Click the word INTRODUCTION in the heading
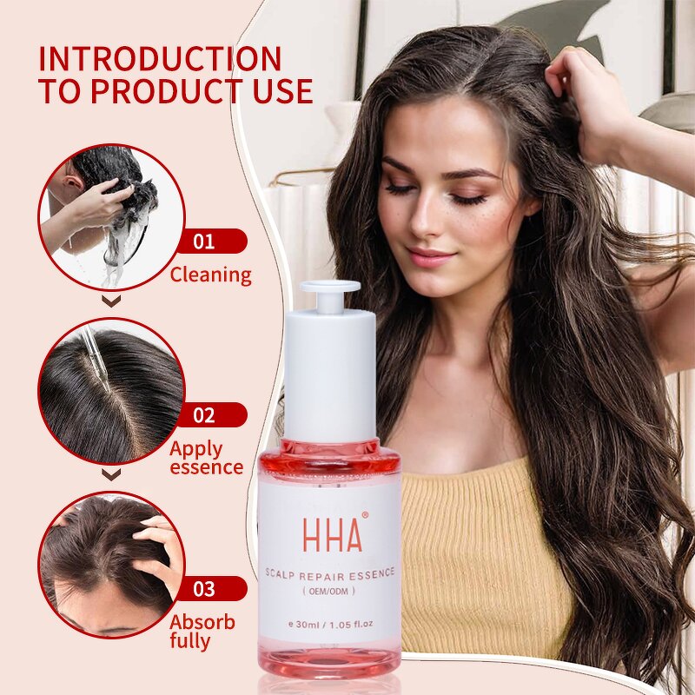point(161,59)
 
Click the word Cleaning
point(210,275)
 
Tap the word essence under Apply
point(206,467)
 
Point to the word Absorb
point(202,622)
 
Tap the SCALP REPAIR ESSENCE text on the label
point(330,573)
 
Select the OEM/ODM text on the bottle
point(330,587)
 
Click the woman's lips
point(430,256)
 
